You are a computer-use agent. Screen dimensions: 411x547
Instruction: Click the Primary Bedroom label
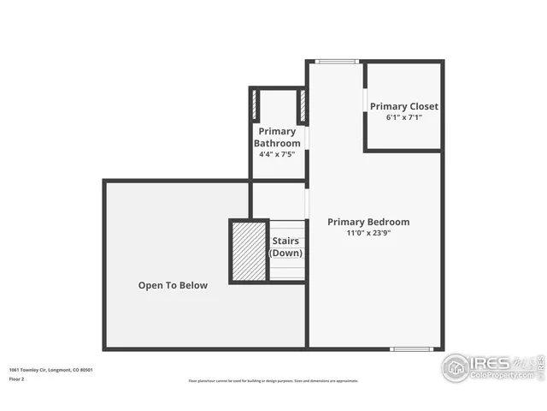[368, 222]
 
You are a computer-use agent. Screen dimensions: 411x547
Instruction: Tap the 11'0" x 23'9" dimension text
[368, 233]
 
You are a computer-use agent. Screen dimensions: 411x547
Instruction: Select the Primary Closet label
[403, 106]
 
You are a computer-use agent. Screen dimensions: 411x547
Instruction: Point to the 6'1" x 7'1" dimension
[403, 117]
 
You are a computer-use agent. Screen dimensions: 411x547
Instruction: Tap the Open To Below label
[173, 285]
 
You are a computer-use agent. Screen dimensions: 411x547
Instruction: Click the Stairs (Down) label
[285, 247]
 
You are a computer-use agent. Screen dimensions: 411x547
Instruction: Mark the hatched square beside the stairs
[249, 251]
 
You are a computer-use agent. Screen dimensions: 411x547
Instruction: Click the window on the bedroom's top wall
[336, 62]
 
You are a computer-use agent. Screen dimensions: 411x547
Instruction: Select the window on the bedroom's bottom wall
[411, 348]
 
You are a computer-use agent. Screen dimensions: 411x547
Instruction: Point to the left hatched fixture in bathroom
[255, 104]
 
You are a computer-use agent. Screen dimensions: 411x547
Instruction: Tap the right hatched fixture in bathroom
[302, 104]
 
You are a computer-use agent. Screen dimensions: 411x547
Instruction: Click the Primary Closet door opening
[365, 99]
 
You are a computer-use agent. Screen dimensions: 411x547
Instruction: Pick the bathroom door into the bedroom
[307, 138]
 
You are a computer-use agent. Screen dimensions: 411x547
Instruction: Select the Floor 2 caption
[17, 378]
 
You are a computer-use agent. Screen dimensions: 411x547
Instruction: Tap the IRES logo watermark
[491, 366]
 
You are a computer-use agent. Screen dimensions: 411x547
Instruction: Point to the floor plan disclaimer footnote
[273, 381]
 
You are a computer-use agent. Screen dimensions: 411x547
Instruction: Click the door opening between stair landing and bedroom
[307, 203]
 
